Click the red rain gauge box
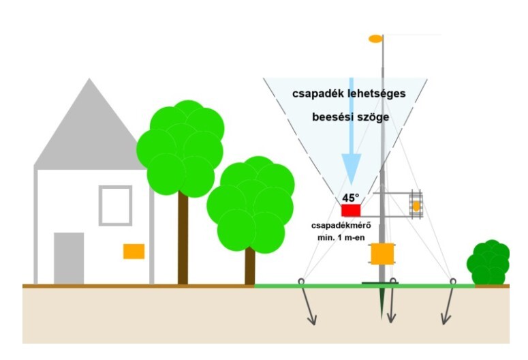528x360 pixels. point(350,211)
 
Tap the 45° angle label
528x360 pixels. point(351,198)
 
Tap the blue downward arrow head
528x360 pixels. point(351,166)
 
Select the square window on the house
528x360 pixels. point(115,205)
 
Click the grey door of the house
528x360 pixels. point(69,258)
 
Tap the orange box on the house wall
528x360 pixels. point(134,251)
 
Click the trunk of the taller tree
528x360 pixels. point(183,239)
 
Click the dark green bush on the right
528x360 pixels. point(488,263)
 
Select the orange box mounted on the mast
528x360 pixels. point(383,254)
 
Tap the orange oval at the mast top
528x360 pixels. point(375,38)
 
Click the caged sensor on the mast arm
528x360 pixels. point(415,205)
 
